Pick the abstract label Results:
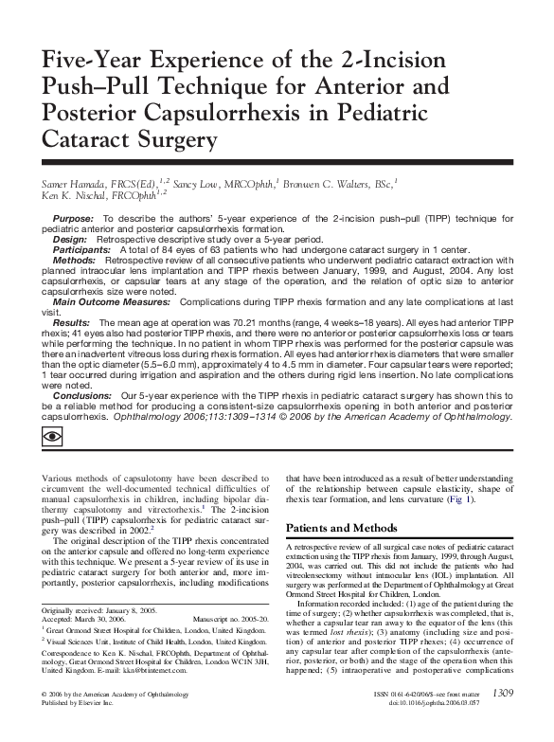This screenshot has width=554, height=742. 70,323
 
